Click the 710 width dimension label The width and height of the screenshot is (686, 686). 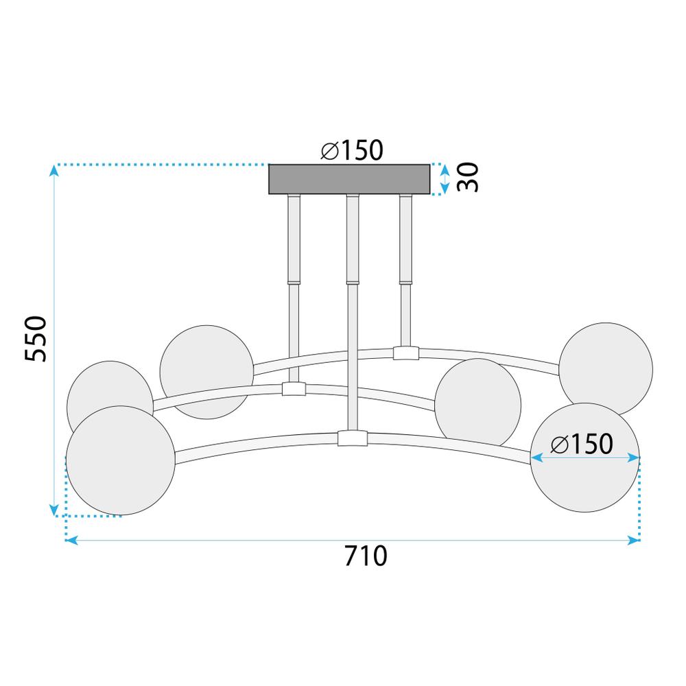(x=366, y=556)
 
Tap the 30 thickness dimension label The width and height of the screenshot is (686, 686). (x=467, y=178)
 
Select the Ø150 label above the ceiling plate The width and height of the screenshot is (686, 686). (x=351, y=150)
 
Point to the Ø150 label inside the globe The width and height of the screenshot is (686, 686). (x=582, y=445)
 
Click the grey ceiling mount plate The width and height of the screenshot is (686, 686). (x=349, y=179)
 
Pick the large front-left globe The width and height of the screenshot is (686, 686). (x=120, y=460)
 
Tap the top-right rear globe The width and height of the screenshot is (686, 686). (x=605, y=369)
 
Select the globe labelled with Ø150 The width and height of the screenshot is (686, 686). (x=585, y=473)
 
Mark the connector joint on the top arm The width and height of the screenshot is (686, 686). (x=405, y=353)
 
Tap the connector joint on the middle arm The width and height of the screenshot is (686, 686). (x=294, y=389)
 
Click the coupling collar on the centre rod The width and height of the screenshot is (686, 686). (x=353, y=281)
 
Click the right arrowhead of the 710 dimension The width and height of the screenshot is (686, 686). (x=635, y=541)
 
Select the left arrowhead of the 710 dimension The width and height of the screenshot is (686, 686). (x=70, y=541)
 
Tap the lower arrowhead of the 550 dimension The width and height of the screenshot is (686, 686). (x=54, y=510)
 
